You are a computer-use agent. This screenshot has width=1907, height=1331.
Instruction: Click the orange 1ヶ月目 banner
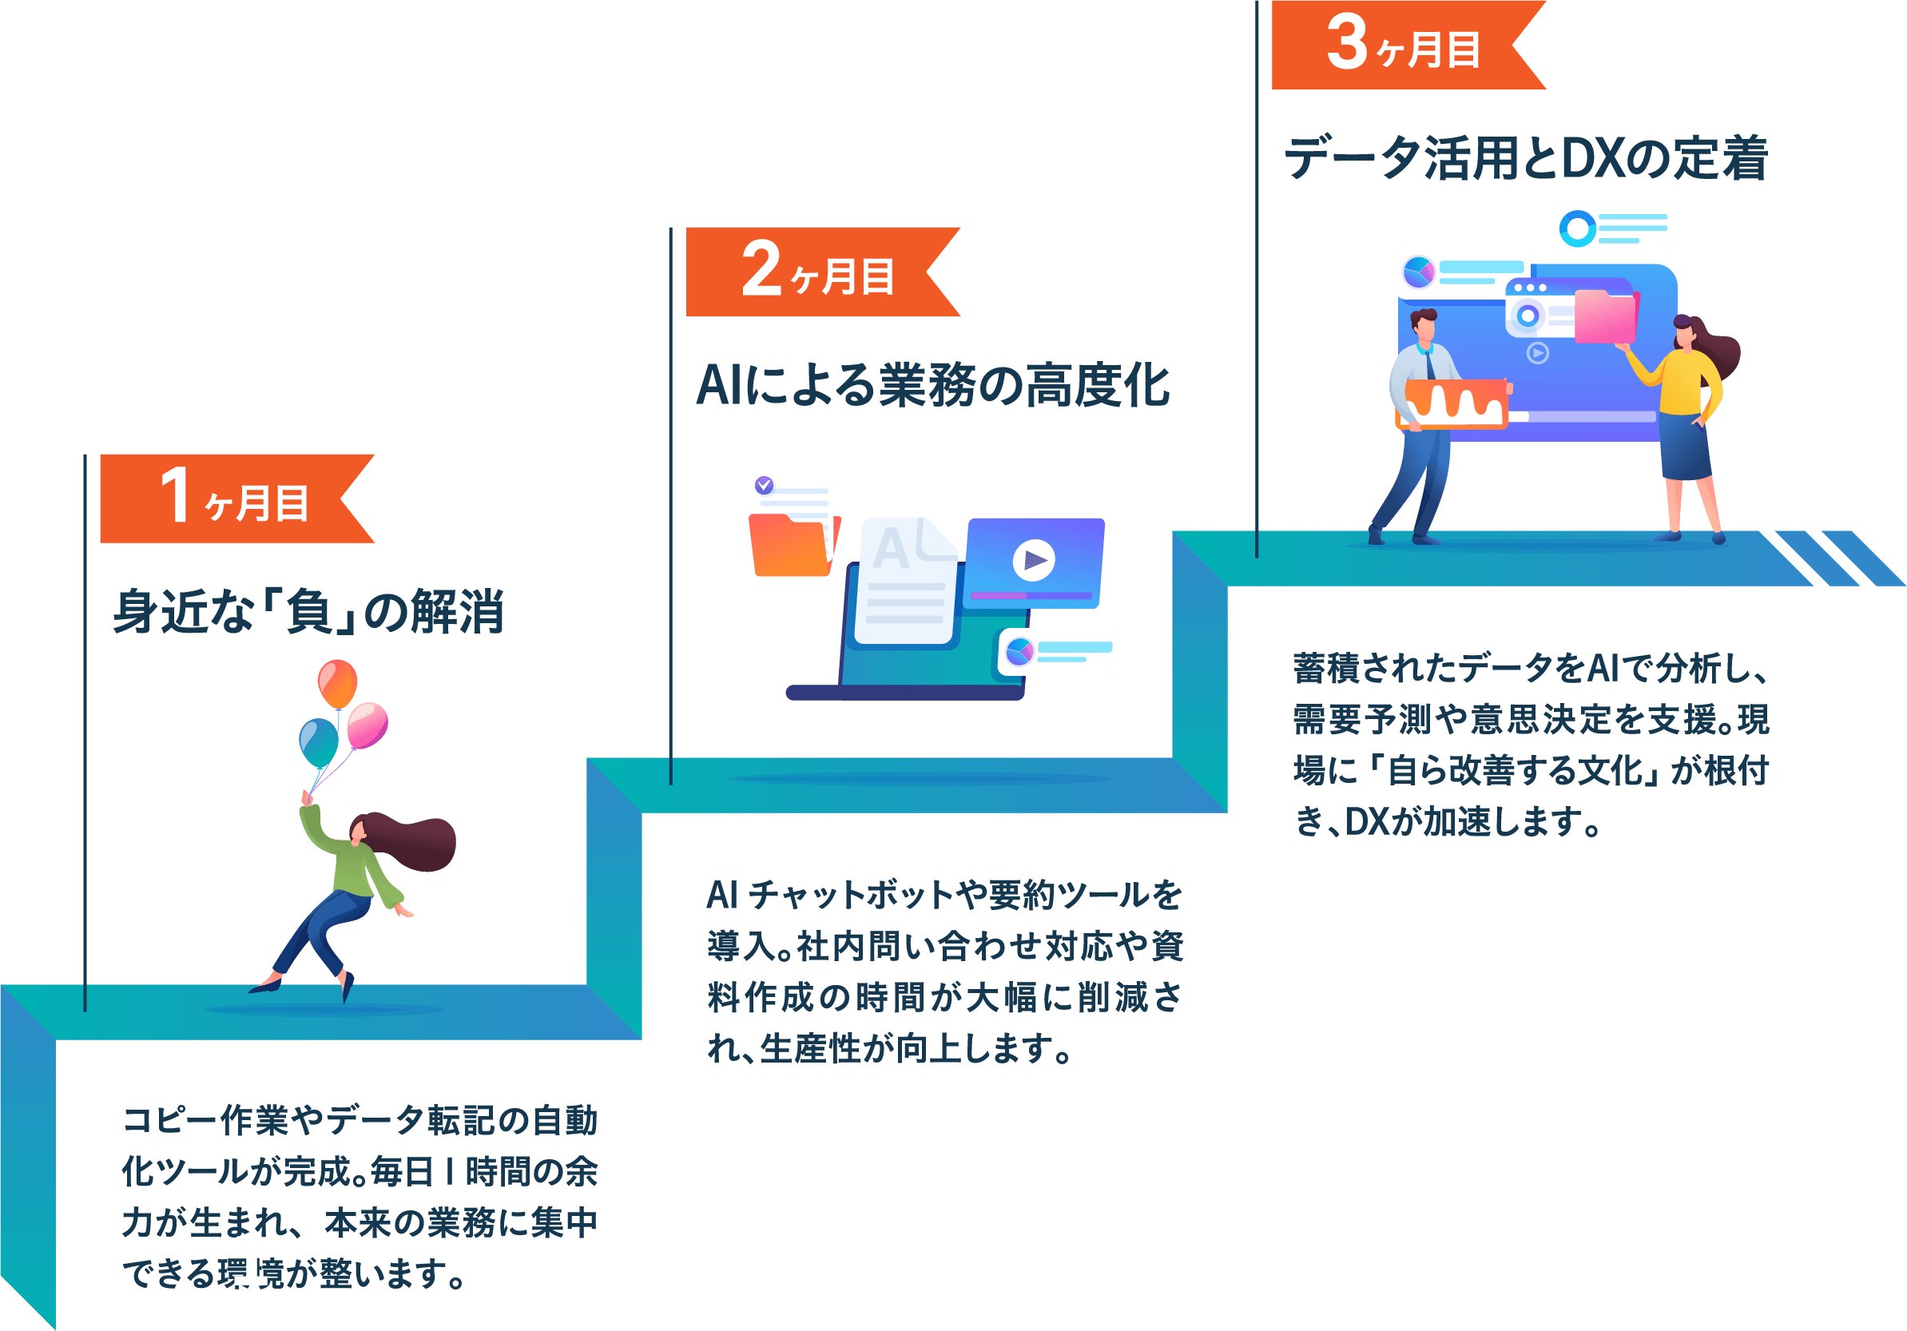[236, 499]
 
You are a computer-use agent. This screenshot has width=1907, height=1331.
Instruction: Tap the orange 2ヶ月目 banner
[822, 272]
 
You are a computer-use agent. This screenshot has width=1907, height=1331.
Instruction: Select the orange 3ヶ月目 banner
[1408, 45]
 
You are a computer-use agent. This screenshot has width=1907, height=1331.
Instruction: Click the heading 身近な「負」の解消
[308, 611]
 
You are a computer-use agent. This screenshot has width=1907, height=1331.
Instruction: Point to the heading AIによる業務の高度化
[933, 386]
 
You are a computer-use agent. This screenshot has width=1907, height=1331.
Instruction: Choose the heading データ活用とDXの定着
[1526, 158]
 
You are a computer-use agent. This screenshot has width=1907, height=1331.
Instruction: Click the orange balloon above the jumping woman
[337, 684]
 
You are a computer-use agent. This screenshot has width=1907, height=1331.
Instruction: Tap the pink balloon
[367, 725]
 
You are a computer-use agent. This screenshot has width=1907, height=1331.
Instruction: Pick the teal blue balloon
[319, 743]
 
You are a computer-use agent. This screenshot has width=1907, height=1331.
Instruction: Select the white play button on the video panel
[1034, 560]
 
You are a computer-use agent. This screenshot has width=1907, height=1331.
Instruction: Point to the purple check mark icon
[764, 485]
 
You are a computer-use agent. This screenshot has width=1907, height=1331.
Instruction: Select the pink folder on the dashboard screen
[1606, 316]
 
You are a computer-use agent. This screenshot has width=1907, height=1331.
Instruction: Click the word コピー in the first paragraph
[169, 1120]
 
